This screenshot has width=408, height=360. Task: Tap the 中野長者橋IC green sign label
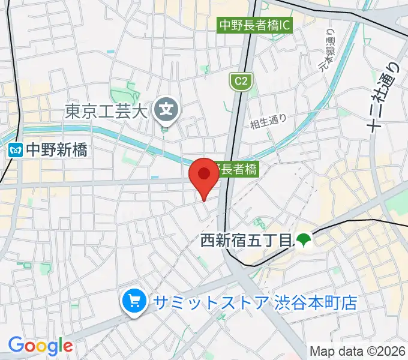[x=254, y=25]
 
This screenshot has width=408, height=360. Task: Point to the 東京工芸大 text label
[x=106, y=111]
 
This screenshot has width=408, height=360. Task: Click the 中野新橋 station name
[x=57, y=149]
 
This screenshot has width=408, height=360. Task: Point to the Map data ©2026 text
[x=358, y=350]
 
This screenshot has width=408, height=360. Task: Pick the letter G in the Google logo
[x=16, y=345]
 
